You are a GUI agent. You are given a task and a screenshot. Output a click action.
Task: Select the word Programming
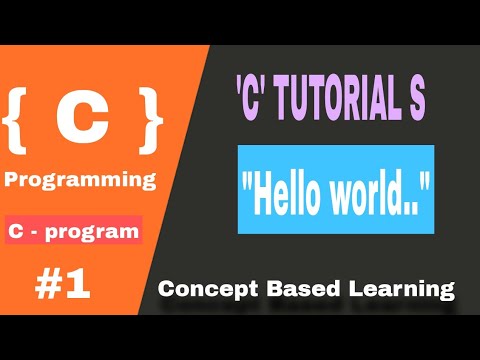[81, 180]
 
